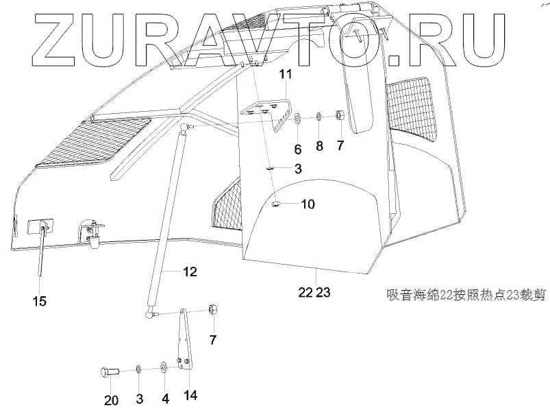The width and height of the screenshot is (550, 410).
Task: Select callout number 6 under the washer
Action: [x=297, y=149]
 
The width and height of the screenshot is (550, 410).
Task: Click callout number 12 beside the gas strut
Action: [x=190, y=272]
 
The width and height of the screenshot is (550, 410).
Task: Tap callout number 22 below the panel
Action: [x=305, y=292]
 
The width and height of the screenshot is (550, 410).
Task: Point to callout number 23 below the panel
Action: [x=323, y=292]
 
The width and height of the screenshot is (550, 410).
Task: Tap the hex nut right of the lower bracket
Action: [x=212, y=311]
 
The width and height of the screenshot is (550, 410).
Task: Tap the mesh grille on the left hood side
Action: [x=92, y=141]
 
